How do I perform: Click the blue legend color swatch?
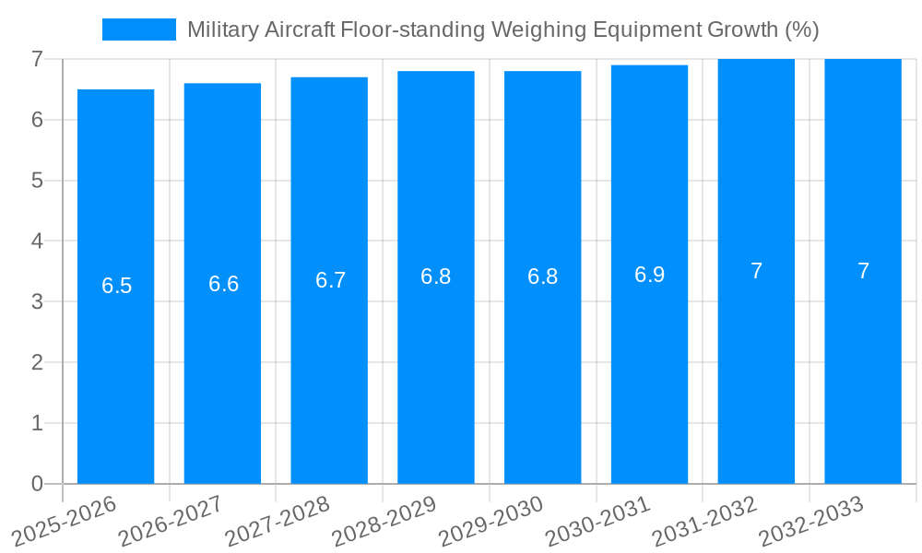click(138, 29)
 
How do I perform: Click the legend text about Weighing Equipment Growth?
click(502, 29)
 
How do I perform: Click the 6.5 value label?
click(116, 286)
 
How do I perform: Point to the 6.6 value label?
click(223, 284)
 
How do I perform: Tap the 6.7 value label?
click(330, 280)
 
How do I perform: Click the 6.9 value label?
click(649, 275)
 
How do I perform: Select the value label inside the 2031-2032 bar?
click(756, 271)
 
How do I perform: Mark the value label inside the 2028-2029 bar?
click(436, 276)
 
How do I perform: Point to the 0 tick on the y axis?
click(37, 484)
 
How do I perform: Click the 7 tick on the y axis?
click(37, 59)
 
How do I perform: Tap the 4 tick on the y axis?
click(37, 241)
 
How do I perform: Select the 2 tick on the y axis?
click(37, 362)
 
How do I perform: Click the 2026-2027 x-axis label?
click(171, 521)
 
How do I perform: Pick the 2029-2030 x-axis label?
click(491, 521)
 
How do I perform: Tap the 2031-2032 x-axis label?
click(704, 521)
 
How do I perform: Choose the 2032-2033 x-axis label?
click(811, 521)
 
